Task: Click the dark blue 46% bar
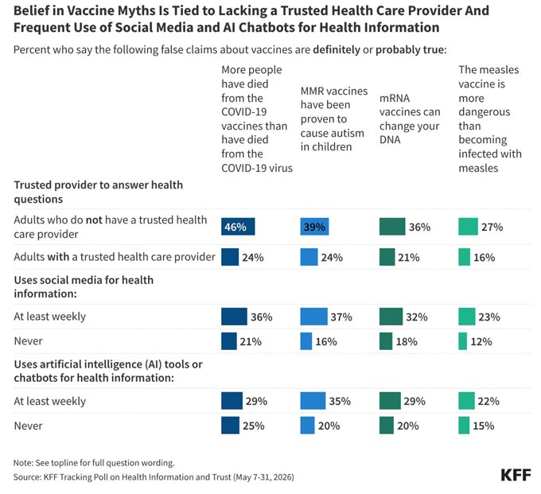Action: coord(238,227)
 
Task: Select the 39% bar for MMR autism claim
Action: coord(314,227)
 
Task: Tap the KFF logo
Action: coord(516,475)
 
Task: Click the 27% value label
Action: coord(492,227)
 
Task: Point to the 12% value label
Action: coord(481,341)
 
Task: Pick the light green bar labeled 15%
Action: coord(464,426)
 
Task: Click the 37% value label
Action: coord(341,317)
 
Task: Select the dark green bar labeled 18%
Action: coord(386,341)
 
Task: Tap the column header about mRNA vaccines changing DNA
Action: coord(410,119)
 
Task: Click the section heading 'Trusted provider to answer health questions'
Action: coord(99,192)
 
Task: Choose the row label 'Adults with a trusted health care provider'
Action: coord(115,257)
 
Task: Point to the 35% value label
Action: coord(340,401)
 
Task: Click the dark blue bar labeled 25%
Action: coord(230,426)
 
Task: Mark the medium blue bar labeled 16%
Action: coord(306,341)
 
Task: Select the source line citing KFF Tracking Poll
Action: coord(154,477)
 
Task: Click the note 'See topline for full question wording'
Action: coord(94,463)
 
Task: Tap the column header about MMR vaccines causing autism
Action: coord(333,119)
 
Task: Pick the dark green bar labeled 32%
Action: coord(391,317)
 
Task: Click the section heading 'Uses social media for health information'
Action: coord(84,286)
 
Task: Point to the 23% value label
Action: coord(489,317)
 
